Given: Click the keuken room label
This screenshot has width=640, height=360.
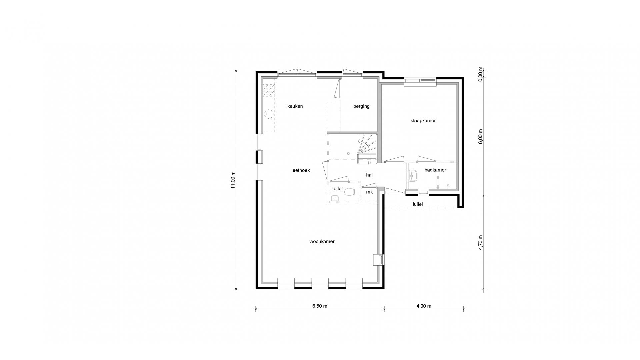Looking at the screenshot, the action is pyautogui.click(x=295, y=106).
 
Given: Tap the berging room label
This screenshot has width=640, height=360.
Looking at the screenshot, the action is pyautogui.click(x=361, y=106).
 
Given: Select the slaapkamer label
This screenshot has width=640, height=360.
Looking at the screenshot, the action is pyautogui.click(x=423, y=121).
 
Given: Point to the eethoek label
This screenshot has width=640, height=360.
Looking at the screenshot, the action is pyautogui.click(x=301, y=170).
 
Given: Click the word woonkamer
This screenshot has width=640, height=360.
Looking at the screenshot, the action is pyautogui.click(x=322, y=241).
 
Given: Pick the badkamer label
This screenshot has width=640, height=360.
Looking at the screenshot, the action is pyautogui.click(x=435, y=170).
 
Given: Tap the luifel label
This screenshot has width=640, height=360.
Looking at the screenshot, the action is pyautogui.click(x=417, y=204).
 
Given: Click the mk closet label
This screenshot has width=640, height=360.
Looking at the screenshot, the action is pyautogui.click(x=369, y=192).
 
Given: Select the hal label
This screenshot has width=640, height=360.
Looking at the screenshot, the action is pyautogui.click(x=369, y=175).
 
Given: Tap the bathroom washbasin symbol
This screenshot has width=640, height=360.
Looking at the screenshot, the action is pyautogui.click(x=413, y=176).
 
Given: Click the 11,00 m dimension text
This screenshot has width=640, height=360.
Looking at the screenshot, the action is pyautogui.click(x=233, y=180).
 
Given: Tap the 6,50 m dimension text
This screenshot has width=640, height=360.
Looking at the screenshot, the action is pyautogui.click(x=320, y=306).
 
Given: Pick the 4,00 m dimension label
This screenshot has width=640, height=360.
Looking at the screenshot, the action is pyautogui.click(x=424, y=306).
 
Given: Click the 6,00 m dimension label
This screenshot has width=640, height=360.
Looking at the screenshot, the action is pyautogui.click(x=480, y=137).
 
